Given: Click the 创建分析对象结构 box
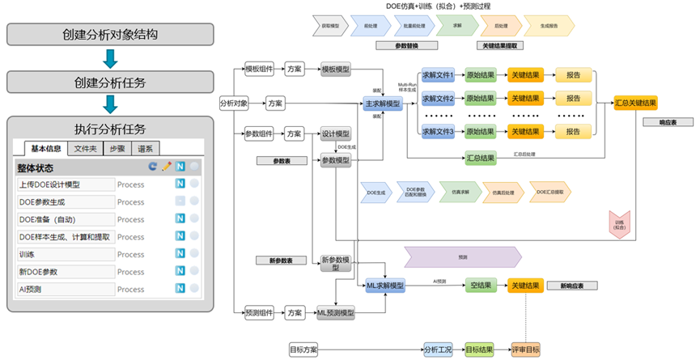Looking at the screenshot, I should click(x=110, y=35).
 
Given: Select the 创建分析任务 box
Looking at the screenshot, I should click(x=110, y=83).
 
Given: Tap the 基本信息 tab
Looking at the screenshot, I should click(x=46, y=148).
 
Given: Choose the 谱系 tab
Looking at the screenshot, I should click(x=146, y=148).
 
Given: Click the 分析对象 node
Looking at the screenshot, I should click(x=235, y=103).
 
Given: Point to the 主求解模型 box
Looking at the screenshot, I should click(x=384, y=104).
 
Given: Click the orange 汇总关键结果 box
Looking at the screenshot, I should click(x=635, y=103).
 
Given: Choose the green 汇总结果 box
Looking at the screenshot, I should click(x=481, y=158).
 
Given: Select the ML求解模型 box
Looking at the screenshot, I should click(x=385, y=286).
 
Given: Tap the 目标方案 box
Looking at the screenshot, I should click(x=303, y=349).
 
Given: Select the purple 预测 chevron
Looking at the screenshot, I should click(x=463, y=256).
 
